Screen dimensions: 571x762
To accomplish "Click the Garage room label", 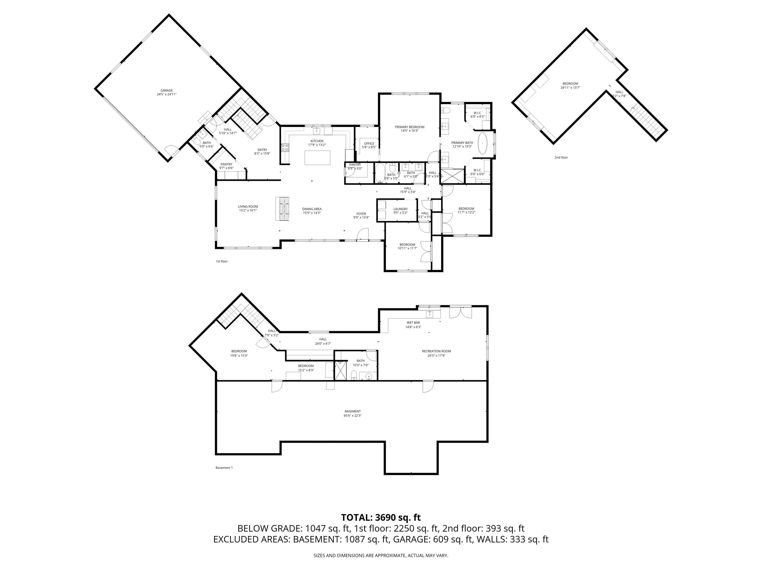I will [166, 92].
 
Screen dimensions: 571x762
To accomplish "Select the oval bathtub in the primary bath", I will [483, 143].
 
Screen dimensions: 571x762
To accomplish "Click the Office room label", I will [369, 145].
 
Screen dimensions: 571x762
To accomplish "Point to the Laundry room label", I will [400, 211].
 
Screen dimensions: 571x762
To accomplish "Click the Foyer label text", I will [361, 215].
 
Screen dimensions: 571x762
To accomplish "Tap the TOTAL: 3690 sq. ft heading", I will [381, 517].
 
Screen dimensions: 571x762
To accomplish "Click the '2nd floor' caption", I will [561, 158].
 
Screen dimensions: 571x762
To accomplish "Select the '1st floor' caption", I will [221, 261].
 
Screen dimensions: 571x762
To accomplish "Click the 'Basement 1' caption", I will [224, 468].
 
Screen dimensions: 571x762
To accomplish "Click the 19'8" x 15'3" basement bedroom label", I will [239, 354].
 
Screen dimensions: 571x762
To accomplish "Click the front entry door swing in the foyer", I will [363, 234].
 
